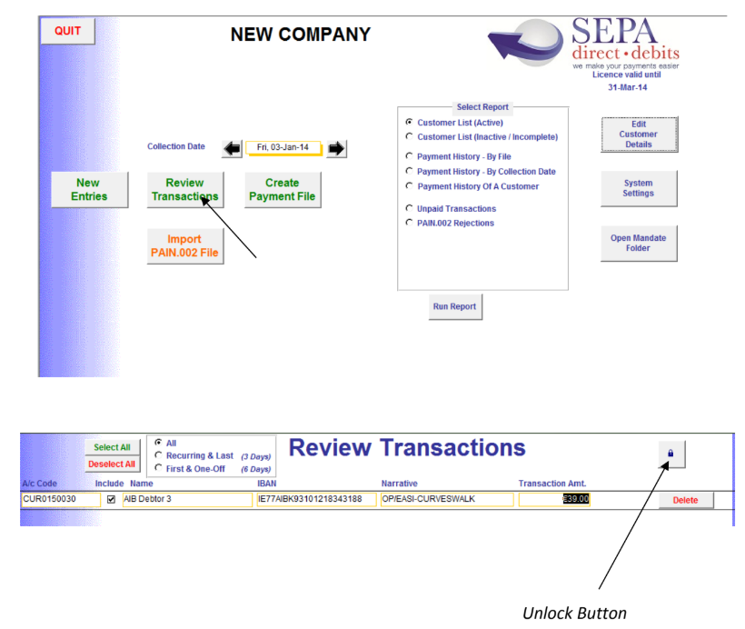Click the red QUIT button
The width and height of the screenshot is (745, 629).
pos(67,31)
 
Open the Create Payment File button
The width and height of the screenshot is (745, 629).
pos(283,190)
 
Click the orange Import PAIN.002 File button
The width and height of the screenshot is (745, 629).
pos(184,245)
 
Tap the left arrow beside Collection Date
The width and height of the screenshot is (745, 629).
pos(233,149)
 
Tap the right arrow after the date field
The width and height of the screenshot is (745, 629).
pos(336,149)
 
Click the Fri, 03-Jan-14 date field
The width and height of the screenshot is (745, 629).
pos(283,147)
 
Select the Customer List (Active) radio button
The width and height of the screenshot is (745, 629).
pos(409,122)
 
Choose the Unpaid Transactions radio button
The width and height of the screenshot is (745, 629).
pos(409,208)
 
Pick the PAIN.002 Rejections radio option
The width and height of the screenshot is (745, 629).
pos(409,223)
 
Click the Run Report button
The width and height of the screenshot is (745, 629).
pos(455,306)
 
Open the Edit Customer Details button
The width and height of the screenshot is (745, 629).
pos(639,135)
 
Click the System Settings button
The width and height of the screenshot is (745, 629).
pos(639,188)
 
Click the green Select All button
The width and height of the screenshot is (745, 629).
pos(112,447)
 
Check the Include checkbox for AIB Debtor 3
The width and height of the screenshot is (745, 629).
pos(111,499)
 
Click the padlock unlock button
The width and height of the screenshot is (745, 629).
pos(671,454)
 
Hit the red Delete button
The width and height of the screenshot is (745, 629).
pos(686,500)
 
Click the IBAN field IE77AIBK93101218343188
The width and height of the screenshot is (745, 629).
pos(316,499)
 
